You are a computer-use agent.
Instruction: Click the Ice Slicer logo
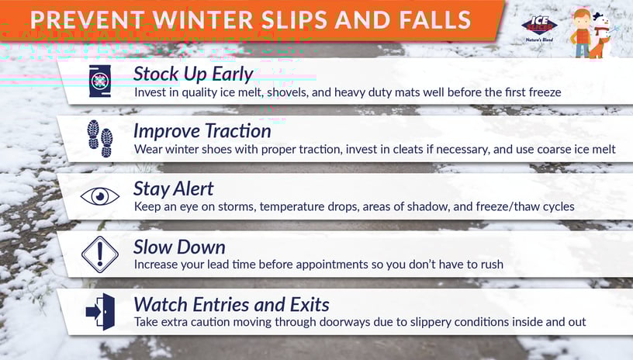(539, 27)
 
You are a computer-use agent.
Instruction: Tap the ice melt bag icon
(100, 81)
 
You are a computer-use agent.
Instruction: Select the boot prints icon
(100, 138)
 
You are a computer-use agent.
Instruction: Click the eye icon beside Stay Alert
(100, 196)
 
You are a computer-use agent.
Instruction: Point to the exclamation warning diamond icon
(100, 254)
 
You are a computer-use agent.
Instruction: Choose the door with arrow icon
(101, 312)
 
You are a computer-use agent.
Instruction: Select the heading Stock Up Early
(193, 74)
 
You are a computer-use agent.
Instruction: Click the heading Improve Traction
(202, 131)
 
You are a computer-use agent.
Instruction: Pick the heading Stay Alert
(174, 189)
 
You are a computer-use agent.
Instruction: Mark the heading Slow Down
(179, 247)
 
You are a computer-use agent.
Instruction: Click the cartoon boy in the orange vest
(581, 33)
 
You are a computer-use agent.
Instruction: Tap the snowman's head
(602, 20)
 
